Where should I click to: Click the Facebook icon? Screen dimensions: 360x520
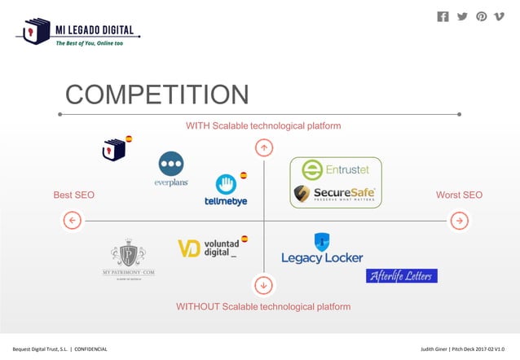coord(443,16)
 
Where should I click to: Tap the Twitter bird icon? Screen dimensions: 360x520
coord(462,16)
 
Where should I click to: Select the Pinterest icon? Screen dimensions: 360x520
coord(482,16)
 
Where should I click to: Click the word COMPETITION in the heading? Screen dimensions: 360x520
coord(157,94)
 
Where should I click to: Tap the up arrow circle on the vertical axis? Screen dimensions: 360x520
coord(263,147)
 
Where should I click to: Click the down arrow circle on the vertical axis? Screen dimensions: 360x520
coord(263,285)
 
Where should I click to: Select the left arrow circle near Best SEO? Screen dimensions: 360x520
coord(72,220)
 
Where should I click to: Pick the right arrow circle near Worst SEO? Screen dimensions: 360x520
coord(460,220)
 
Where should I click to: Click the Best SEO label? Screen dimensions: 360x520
coord(74,195)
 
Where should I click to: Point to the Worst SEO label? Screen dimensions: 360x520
coord(460,195)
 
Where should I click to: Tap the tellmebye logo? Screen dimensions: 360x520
coord(226,191)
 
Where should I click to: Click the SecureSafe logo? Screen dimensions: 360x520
coord(335,194)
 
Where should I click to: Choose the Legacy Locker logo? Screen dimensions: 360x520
coord(322,249)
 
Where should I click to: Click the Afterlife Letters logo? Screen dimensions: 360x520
coord(402,275)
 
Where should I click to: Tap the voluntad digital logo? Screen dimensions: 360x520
coord(209,248)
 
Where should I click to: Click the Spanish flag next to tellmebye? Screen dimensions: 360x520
coord(244,175)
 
